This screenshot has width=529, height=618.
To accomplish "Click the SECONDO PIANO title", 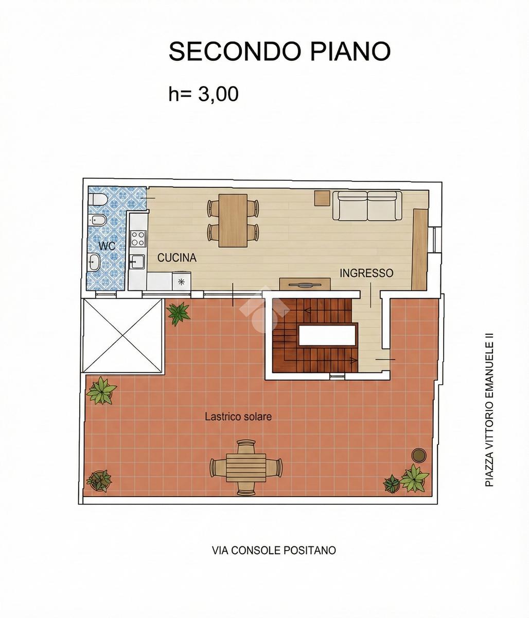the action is pos(279,51).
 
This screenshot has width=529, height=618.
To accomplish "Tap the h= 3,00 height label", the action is pos(204,94).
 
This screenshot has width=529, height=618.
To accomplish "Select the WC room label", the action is pos(107,246).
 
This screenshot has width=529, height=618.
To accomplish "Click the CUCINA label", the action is pos(177,257).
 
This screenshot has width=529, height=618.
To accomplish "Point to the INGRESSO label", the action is pos(366,272).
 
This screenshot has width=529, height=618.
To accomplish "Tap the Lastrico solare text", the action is pos(238,416).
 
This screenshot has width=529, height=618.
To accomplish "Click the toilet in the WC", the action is pos(96,200).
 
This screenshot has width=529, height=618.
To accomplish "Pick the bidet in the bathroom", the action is pos(96,220).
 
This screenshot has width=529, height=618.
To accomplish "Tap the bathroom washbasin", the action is pos(94,262).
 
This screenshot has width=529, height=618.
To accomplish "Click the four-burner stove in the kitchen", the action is pos(138,238).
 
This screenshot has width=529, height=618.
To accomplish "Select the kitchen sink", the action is pos(137,262).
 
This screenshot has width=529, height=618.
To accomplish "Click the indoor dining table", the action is pos(233,220).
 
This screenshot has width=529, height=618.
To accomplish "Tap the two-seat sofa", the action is pos(367,206).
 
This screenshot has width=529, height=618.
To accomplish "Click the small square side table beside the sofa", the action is pos(322,198).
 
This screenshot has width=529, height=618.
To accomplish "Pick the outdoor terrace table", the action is pos(246,469).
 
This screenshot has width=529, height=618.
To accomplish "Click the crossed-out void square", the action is pos(124,335).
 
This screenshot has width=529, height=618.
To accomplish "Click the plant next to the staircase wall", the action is pos(179,313).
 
